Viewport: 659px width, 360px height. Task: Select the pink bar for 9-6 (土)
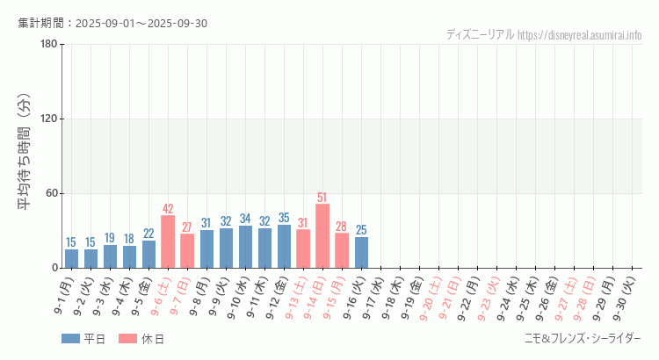[168, 241]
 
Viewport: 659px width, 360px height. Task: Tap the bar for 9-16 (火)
[361, 252]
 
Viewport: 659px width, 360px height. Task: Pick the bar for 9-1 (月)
[71, 258]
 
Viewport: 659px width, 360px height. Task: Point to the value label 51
[322, 198]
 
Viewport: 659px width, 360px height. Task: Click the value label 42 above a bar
[168, 209]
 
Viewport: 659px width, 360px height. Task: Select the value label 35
[284, 218]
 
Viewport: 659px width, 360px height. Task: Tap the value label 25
[361, 230]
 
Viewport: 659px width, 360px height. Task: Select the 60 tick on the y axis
[50, 193]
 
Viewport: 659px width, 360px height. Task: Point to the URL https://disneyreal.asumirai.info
[580, 35]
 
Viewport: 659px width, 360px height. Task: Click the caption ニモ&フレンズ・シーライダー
[583, 339]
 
